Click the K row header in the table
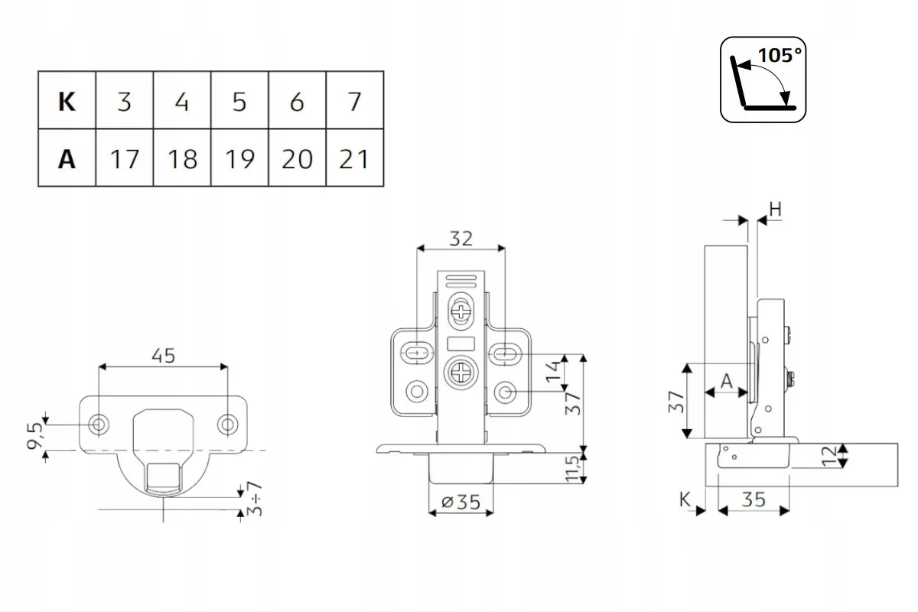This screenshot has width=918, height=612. [67, 101]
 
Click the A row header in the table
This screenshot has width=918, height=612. [67, 158]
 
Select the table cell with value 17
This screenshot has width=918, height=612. [124, 158]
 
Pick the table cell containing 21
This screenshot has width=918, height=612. [353, 158]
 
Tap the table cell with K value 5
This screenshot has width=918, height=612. [239, 101]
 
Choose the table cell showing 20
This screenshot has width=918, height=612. [297, 158]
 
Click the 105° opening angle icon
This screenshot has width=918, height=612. [763, 79]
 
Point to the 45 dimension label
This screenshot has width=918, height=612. [163, 356]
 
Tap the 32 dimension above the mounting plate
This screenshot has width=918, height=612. [461, 238]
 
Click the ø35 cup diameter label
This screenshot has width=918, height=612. [461, 502]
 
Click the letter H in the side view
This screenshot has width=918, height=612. [774, 209]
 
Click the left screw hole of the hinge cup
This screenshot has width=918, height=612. [99, 424]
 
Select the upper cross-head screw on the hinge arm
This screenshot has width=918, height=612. [461, 311]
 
